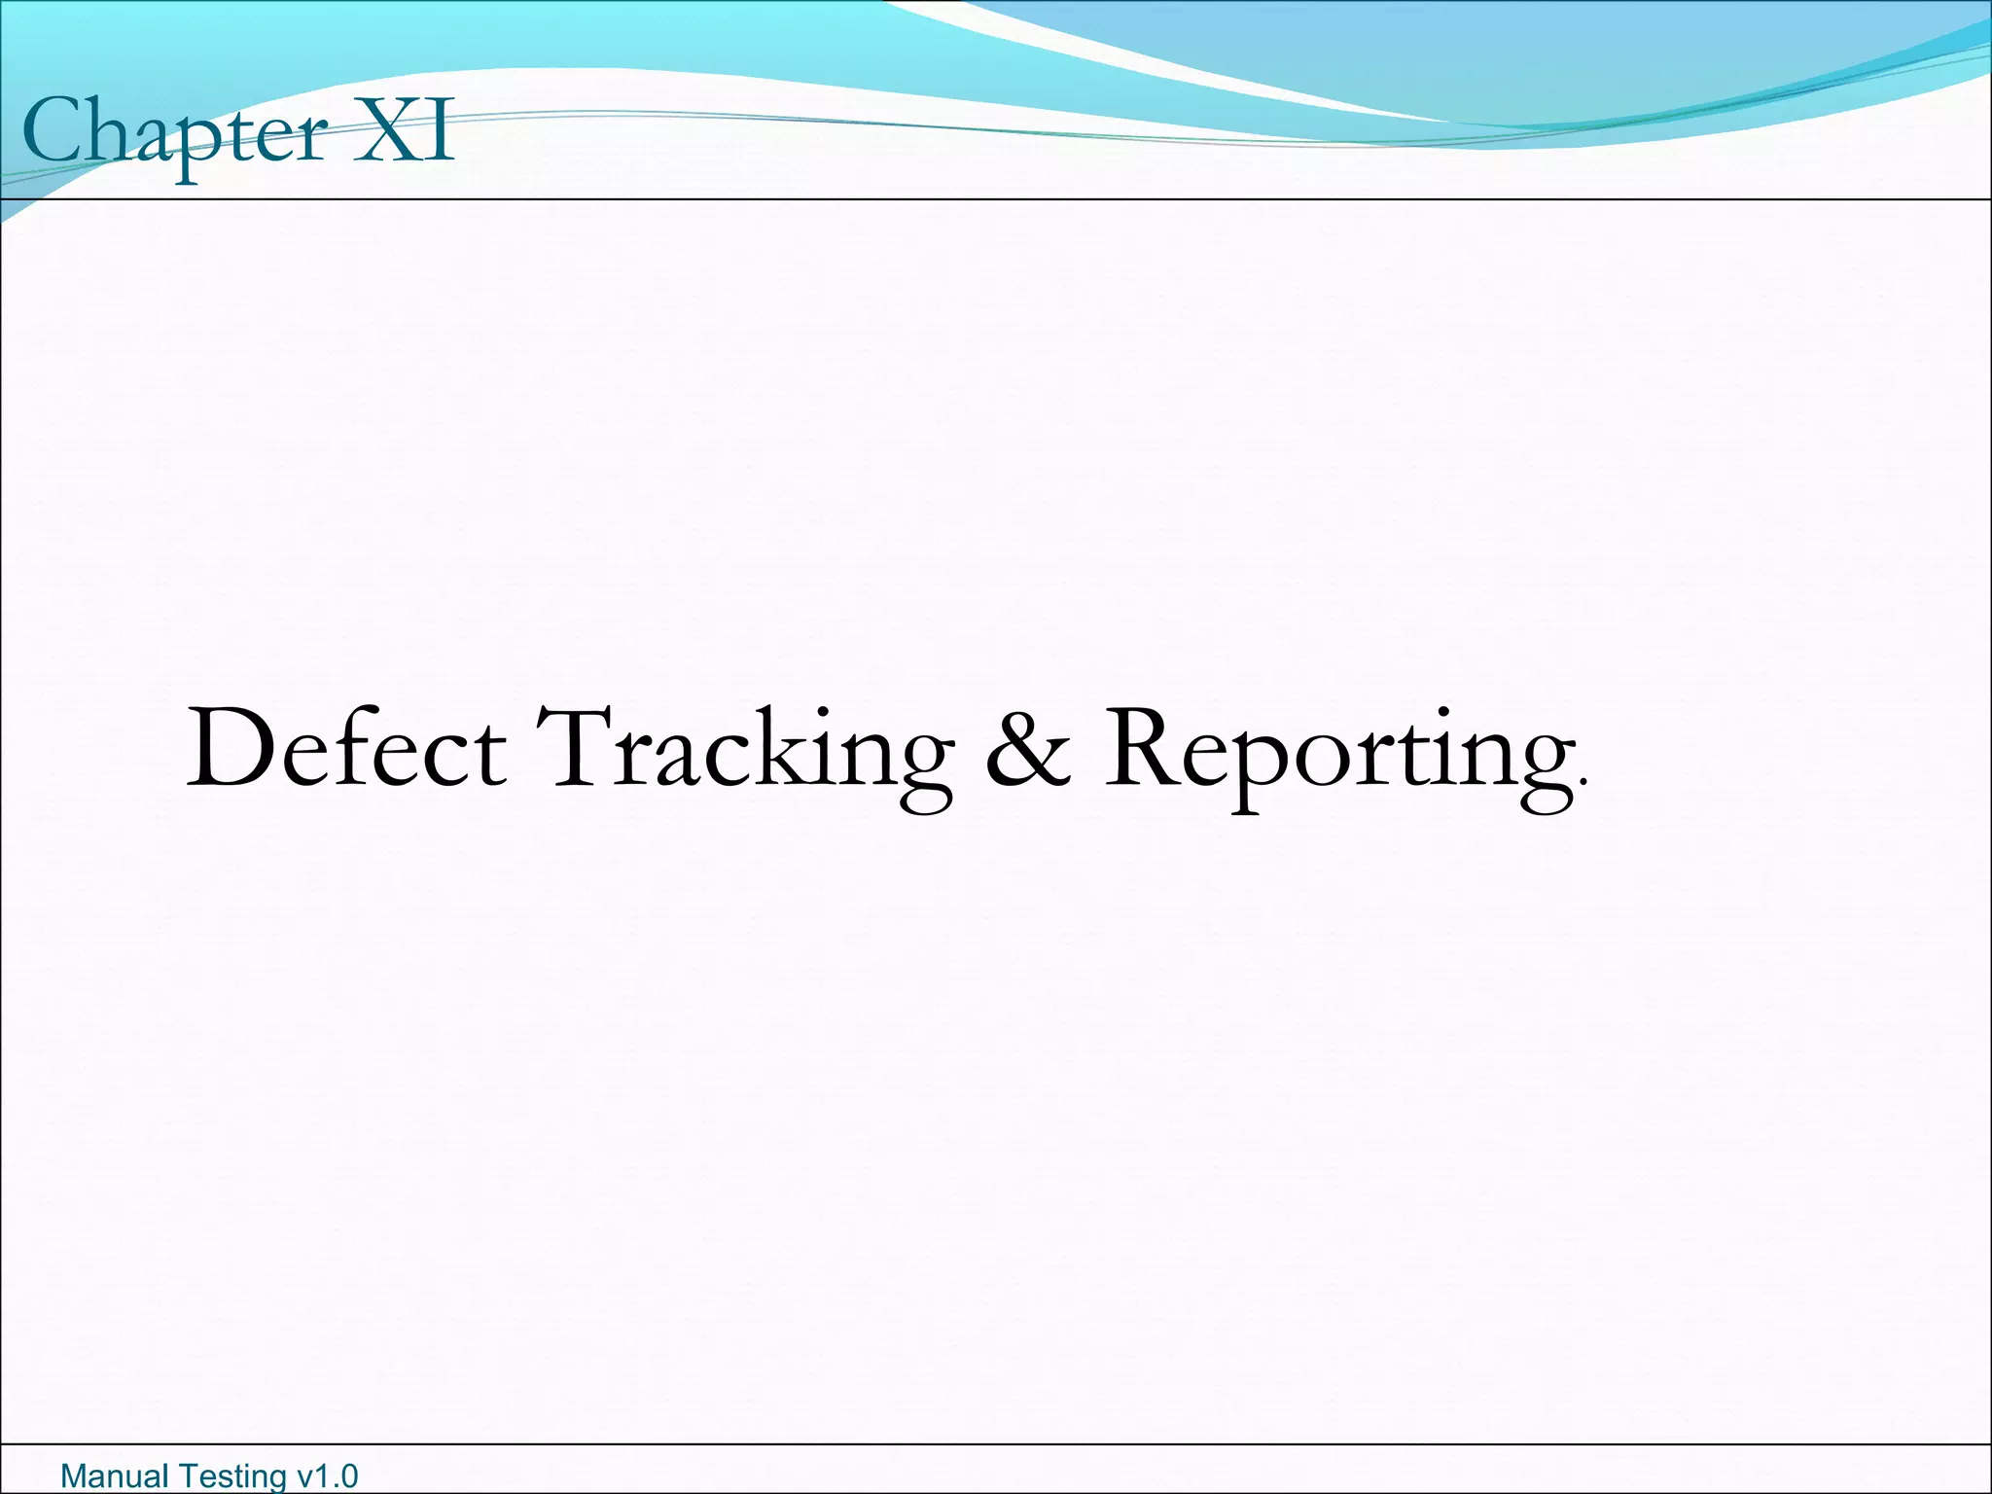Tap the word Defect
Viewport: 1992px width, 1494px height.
pyautogui.click(x=345, y=749)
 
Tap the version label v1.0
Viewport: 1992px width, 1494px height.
pyautogui.click(x=327, y=1476)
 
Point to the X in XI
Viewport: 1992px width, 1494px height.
pyautogui.click(x=385, y=131)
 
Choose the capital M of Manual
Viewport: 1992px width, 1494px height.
pyautogui.click(x=74, y=1476)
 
